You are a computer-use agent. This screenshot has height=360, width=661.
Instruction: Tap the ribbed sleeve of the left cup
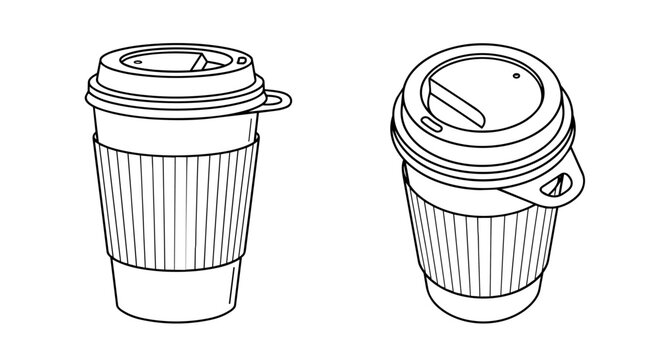pos(175,195)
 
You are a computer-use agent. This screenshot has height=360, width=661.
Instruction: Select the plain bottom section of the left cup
pos(175,290)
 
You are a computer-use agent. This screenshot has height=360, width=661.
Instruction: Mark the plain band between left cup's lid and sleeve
pos(175,120)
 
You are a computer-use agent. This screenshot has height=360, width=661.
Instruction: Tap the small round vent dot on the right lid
pos(517,77)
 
